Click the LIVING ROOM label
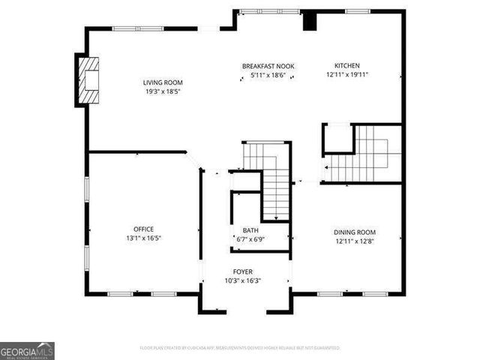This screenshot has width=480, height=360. (x=163, y=82)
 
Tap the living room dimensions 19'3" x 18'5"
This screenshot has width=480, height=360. (x=163, y=91)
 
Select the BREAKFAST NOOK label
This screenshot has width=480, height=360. (x=268, y=67)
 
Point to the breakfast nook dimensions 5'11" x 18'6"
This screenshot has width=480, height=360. (x=268, y=75)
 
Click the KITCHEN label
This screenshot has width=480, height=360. (x=346, y=66)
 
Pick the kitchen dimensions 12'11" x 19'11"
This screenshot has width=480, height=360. (x=346, y=75)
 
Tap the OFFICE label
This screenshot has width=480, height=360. (x=143, y=229)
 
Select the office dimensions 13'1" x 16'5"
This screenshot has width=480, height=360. (x=143, y=238)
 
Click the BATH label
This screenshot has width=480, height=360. (x=250, y=230)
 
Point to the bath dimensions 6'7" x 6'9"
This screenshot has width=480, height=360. (x=250, y=239)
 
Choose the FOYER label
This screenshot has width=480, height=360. (x=243, y=271)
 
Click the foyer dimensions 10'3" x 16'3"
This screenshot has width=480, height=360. (x=243, y=280)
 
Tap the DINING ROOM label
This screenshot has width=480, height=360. (x=355, y=232)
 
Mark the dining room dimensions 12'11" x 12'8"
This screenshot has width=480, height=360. (x=355, y=241)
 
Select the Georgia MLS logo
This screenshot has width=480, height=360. (x=27, y=351)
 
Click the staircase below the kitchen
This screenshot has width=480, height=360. (x=363, y=154)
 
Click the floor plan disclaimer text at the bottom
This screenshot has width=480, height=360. (x=240, y=348)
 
